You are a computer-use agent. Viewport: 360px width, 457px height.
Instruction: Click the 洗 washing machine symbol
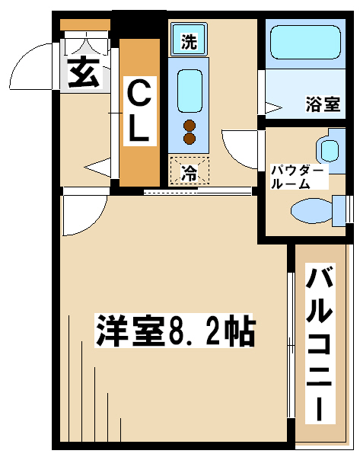click(189, 39)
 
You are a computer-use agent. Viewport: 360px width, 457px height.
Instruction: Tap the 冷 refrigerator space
click(190, 171)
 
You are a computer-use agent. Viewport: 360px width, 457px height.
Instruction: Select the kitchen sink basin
click(190, 91)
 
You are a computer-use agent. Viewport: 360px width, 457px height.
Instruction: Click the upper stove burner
click(190, 126)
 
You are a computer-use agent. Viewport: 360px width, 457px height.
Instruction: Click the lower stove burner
click(190, 139)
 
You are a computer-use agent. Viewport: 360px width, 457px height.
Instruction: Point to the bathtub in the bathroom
click(305, 42)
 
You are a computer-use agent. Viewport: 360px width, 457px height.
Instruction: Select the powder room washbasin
click(330, 149)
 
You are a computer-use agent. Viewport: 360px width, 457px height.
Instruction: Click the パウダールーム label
click(298, 177)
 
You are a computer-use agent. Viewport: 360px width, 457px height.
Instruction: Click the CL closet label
click(140, 111)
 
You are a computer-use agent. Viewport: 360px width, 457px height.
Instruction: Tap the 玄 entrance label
click(84, 72)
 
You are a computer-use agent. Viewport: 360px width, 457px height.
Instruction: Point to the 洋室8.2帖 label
click(175, 330)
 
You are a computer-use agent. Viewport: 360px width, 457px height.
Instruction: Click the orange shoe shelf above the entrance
click(85, 25)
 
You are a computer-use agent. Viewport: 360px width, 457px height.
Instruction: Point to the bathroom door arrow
click(273, 108)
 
